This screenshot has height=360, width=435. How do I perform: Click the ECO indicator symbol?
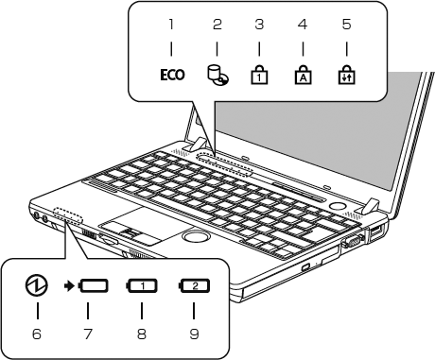tap(172, 75)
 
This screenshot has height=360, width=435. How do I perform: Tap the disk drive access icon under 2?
tap(218, 76)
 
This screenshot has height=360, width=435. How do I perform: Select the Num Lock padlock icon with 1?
tap(259, 75)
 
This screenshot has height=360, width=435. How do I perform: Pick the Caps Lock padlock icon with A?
tap(303, 75)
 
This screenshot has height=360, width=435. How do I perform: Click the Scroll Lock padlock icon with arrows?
tap(346, 75)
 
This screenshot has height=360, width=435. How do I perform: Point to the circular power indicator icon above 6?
tap(37, 285)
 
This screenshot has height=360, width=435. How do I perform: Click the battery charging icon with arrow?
tap(86, 286)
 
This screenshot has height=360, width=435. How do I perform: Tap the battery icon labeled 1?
tap(142, 286)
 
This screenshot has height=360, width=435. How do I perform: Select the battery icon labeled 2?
tap(195, 286)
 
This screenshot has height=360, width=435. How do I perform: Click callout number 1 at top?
tap(171, 25)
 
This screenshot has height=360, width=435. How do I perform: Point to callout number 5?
tap(346, 25)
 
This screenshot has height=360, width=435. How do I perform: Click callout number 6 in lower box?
tap(37, 334)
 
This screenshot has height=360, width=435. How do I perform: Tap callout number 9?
tap(194, 334)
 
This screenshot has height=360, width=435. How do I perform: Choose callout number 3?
tap(259, 25)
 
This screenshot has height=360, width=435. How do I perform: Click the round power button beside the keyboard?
tap(338, 206)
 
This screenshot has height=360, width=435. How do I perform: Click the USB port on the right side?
tap(376, 231)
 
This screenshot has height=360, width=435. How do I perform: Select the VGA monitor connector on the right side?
tap(353, 242)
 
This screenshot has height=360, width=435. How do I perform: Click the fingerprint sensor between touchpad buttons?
tap(129, 232)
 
